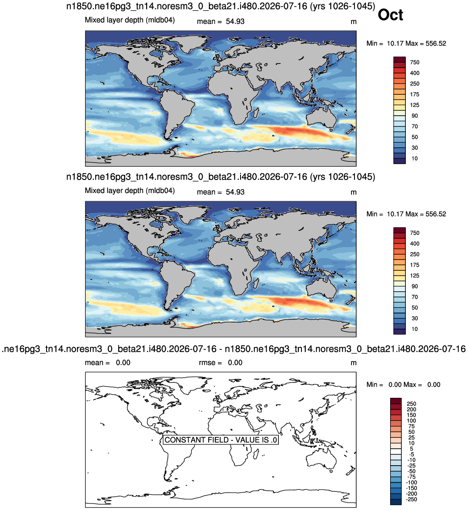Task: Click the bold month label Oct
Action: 390,15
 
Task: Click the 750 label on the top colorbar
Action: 415,63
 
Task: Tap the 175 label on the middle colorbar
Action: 415,265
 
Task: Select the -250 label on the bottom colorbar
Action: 412,499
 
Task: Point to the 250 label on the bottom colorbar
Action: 411,403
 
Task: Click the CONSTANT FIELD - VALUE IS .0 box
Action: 221,440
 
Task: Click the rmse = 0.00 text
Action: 221,363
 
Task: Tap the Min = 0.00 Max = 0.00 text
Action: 403,385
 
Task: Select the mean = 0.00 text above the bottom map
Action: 108,363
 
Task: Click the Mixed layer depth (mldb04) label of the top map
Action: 130,20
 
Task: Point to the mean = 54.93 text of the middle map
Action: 221,192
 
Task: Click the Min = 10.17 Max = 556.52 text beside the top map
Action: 406,43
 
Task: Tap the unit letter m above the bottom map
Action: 354,363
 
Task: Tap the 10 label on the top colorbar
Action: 415,159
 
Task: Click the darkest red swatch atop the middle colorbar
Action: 399,230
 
